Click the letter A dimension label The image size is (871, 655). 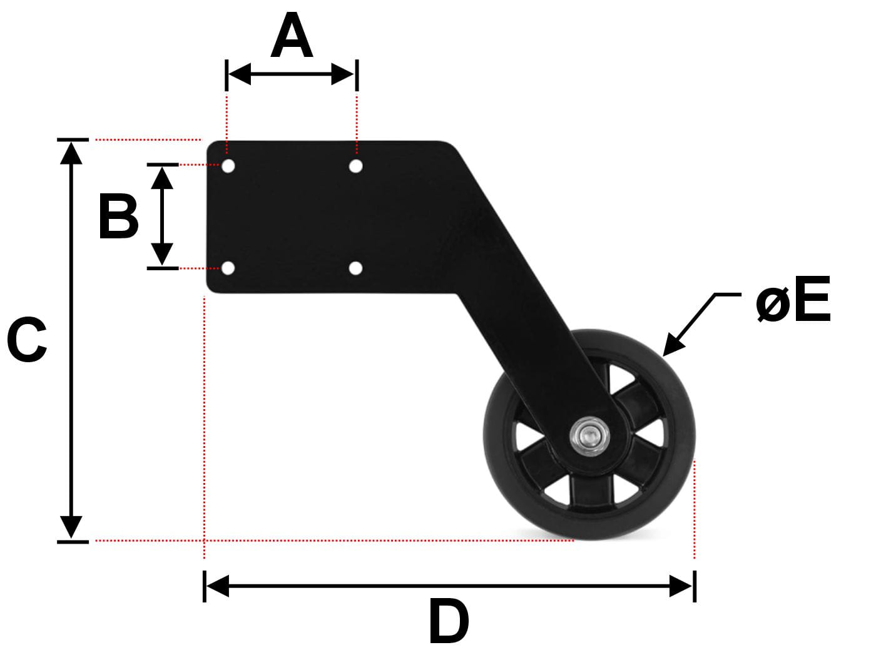pyautogui.click(x=292, y=34)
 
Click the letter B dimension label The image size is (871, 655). pyautogui.click(x=118, y=216)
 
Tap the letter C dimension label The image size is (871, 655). pyautogui.click(x=27, y=340)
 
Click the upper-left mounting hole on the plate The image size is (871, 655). pyautogui.click(x=228, y=166)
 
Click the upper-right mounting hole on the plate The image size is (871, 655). pyautogui.click(x=355, y=166)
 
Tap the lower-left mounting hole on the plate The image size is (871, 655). pyautogui.click(x=228, y=268)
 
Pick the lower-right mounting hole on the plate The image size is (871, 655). pyautogui.click(x=355, y=268)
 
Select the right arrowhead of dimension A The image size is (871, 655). pyautogui.click(x=342, y=74)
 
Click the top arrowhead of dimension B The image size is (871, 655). pyautogui.click(x=162, y=178)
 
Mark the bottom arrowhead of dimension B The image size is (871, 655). pyautogui.click(x=162, y=254)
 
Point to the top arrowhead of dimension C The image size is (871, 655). pyautogui.click(x=71, y=153)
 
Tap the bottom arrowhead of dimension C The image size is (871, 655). pyautogui.click(x=71, y=527)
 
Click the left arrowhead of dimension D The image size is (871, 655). pyautogui.click(x=218, y=586)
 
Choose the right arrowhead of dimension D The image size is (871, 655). pyautogui.click(x=681, y=586)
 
